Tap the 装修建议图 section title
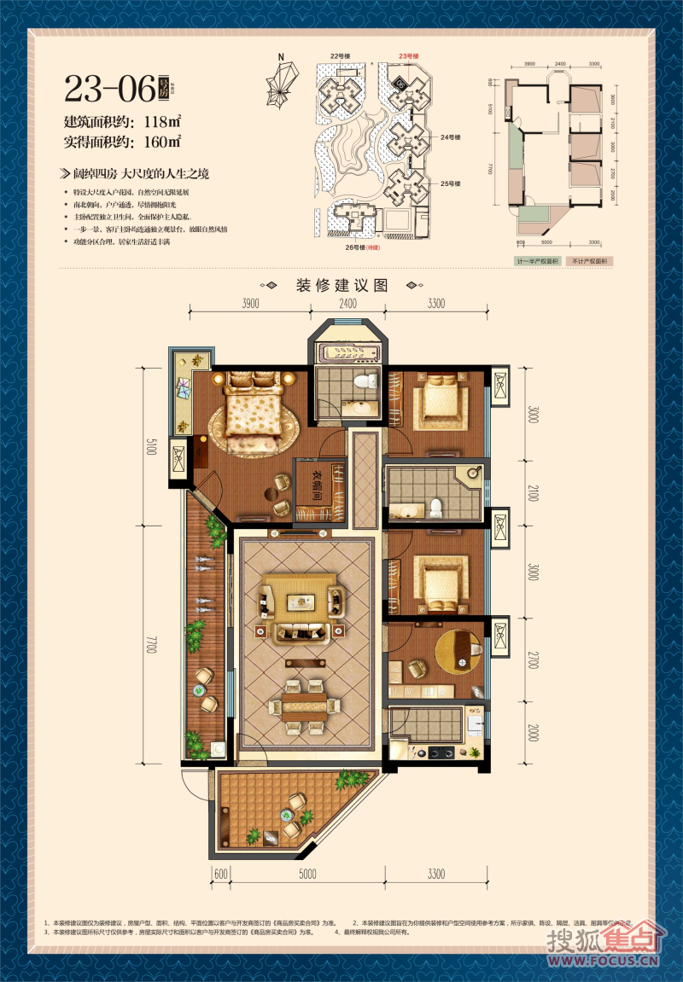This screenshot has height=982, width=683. click(341, 285)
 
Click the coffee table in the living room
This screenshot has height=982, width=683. click(299, 598)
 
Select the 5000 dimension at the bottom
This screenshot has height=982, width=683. click(307, 874)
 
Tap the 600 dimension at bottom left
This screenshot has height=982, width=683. click(220, 874)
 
